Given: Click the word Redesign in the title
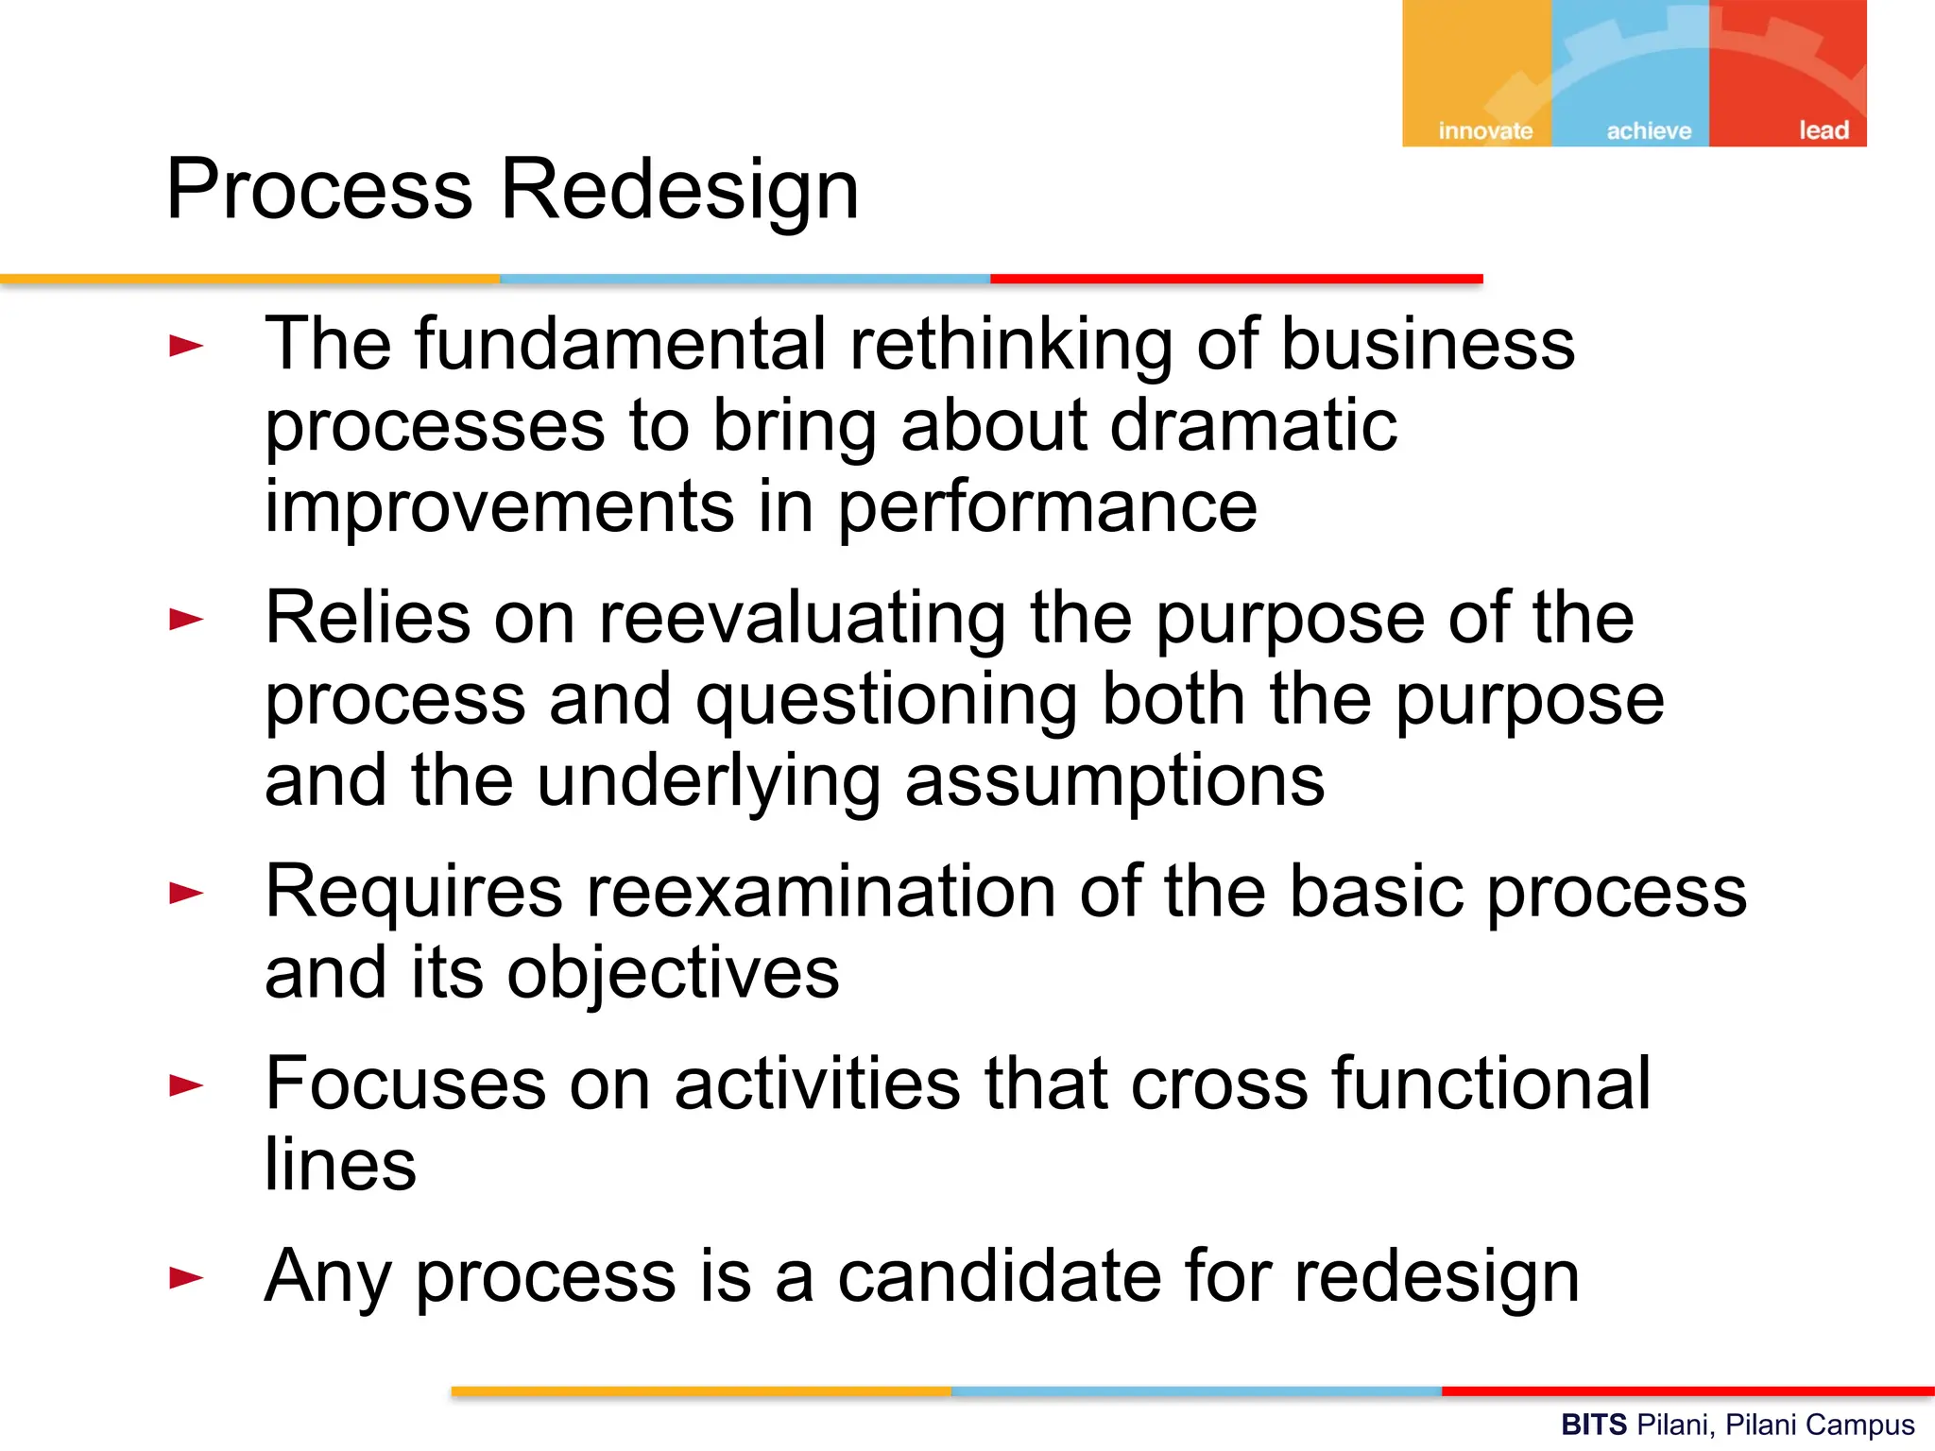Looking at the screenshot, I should (x=679, y=191).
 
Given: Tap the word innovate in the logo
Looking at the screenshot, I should (x=1485, y=130).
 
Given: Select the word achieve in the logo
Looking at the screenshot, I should (x=1649, y=130).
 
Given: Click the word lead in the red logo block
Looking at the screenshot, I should (x=1824, y=129).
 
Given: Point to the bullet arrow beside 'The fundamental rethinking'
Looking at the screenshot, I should (x=186, y=346).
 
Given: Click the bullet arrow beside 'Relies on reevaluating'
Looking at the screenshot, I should (x=186, y=620).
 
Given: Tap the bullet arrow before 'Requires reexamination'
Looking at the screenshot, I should (x=186, y=893).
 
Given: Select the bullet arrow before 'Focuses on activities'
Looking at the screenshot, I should (x=186, y=1085).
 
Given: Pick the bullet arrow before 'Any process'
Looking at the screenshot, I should (x=186, y=1278).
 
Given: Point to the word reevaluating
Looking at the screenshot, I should (x=802, y=620).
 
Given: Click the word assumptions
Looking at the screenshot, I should (x=1115, y=783).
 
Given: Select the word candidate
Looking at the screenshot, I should (x=1001, y=1277).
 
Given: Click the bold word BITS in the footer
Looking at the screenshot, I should (x=1594, y=1425).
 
